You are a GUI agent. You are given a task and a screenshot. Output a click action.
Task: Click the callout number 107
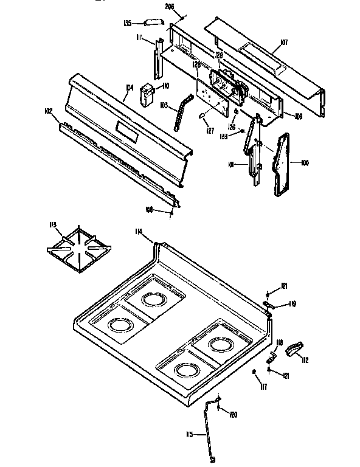click(283, 43)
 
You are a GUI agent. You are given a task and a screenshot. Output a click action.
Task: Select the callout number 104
click(129, 88)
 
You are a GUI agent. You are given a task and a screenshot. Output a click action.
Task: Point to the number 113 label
click(52, 226)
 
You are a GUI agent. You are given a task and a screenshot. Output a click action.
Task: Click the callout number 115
click(189, 434)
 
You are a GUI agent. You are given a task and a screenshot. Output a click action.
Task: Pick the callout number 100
click(305, 163)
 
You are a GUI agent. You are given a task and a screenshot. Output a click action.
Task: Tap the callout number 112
click(305, 360)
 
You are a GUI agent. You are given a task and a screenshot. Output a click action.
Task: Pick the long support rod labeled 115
click(209, 432)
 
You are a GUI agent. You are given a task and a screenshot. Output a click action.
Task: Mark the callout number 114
click(139, 231)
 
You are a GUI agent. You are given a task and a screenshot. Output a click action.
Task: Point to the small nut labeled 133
click(243, 131)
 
